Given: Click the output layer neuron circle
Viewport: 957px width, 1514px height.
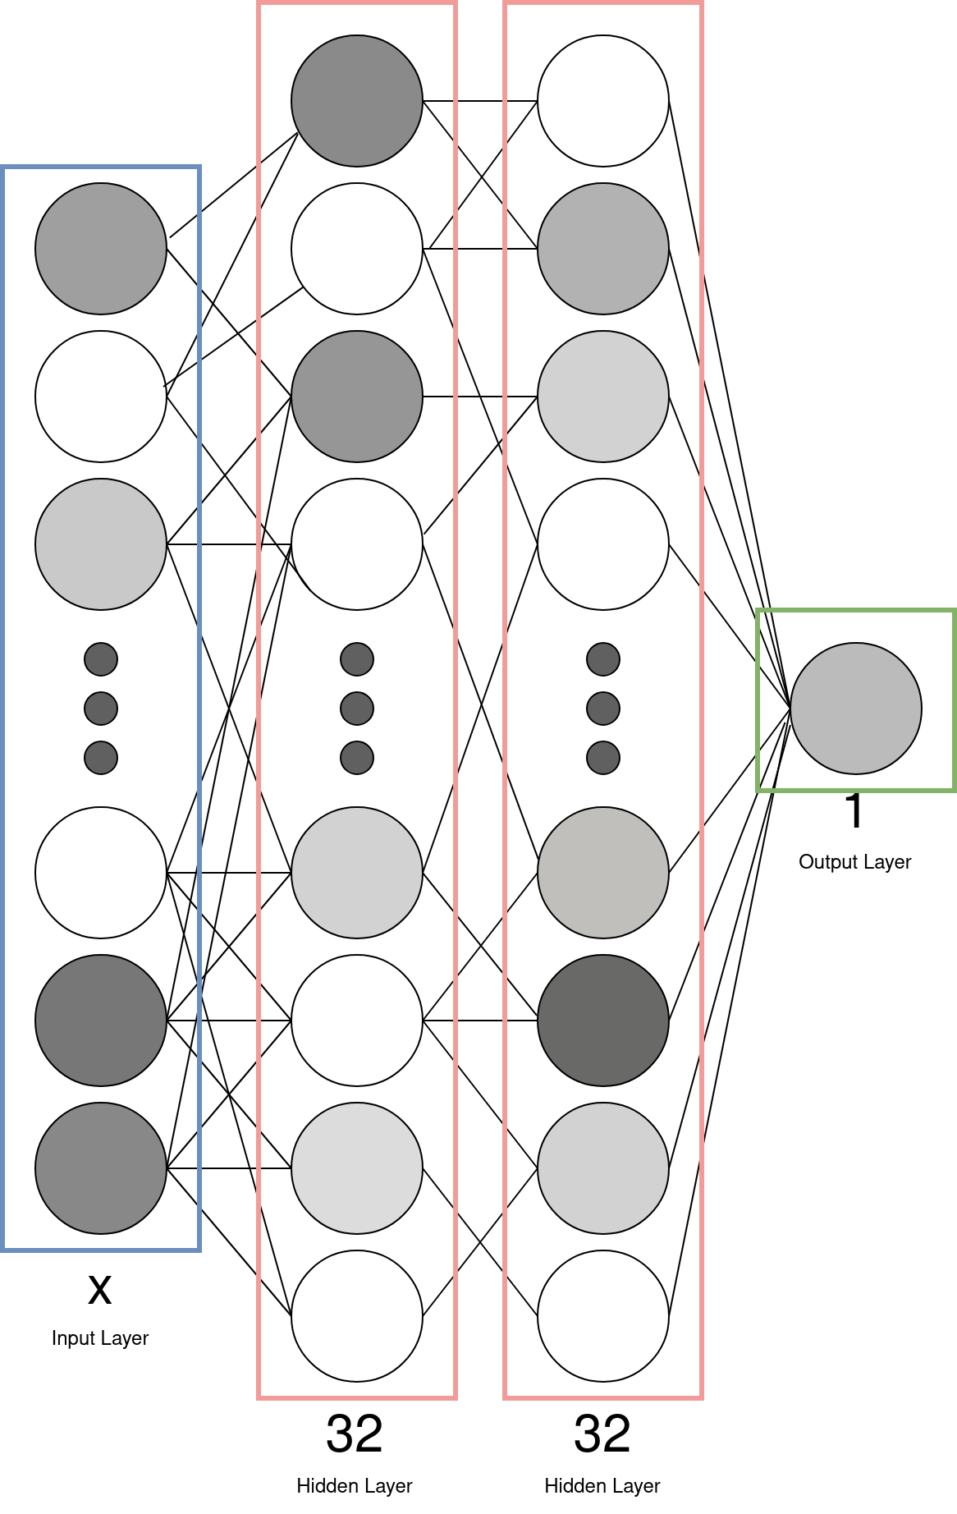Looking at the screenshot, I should tap(855, 708).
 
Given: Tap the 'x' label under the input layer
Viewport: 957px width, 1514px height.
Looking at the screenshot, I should tap(99, 1290).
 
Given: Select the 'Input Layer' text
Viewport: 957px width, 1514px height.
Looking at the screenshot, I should tap(99, 1338).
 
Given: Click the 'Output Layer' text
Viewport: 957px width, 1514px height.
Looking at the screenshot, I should tap(854, 862).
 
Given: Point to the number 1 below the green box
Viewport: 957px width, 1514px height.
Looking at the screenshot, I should tap(854, 812).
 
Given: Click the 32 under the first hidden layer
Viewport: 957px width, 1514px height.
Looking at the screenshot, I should tap(354, 1434).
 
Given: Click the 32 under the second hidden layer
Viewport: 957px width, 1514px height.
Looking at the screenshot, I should tap(602, 1434).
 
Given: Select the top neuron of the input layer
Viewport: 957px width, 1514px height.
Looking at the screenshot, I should tap(101, 248).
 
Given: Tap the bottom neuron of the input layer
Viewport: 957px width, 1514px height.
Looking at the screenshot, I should tap(101, 1168).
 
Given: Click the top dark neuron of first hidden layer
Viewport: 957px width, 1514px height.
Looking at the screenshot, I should tap(356, 100).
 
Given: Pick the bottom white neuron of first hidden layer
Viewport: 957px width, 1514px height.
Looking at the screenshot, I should tap(356, 1315).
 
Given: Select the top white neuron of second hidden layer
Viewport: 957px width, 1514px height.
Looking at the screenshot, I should tap(602, 100).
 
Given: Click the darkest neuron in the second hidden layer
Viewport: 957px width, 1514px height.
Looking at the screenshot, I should tap(602, 1020).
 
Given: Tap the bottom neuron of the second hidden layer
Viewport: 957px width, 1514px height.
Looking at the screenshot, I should tap(602, 1315).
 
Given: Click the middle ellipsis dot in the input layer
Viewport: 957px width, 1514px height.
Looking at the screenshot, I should tap(101, 708).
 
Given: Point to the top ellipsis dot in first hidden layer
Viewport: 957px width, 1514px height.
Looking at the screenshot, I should tap(356, 658).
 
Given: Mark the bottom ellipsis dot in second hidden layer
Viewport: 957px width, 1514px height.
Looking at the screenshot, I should tap(602, 757).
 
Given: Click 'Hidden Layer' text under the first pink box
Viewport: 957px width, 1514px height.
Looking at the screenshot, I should tap(354, 1486).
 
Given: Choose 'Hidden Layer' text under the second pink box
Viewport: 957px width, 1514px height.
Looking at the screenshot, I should tap(602, 1486).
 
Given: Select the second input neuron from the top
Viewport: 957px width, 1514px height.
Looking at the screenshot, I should tap(101, 396).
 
